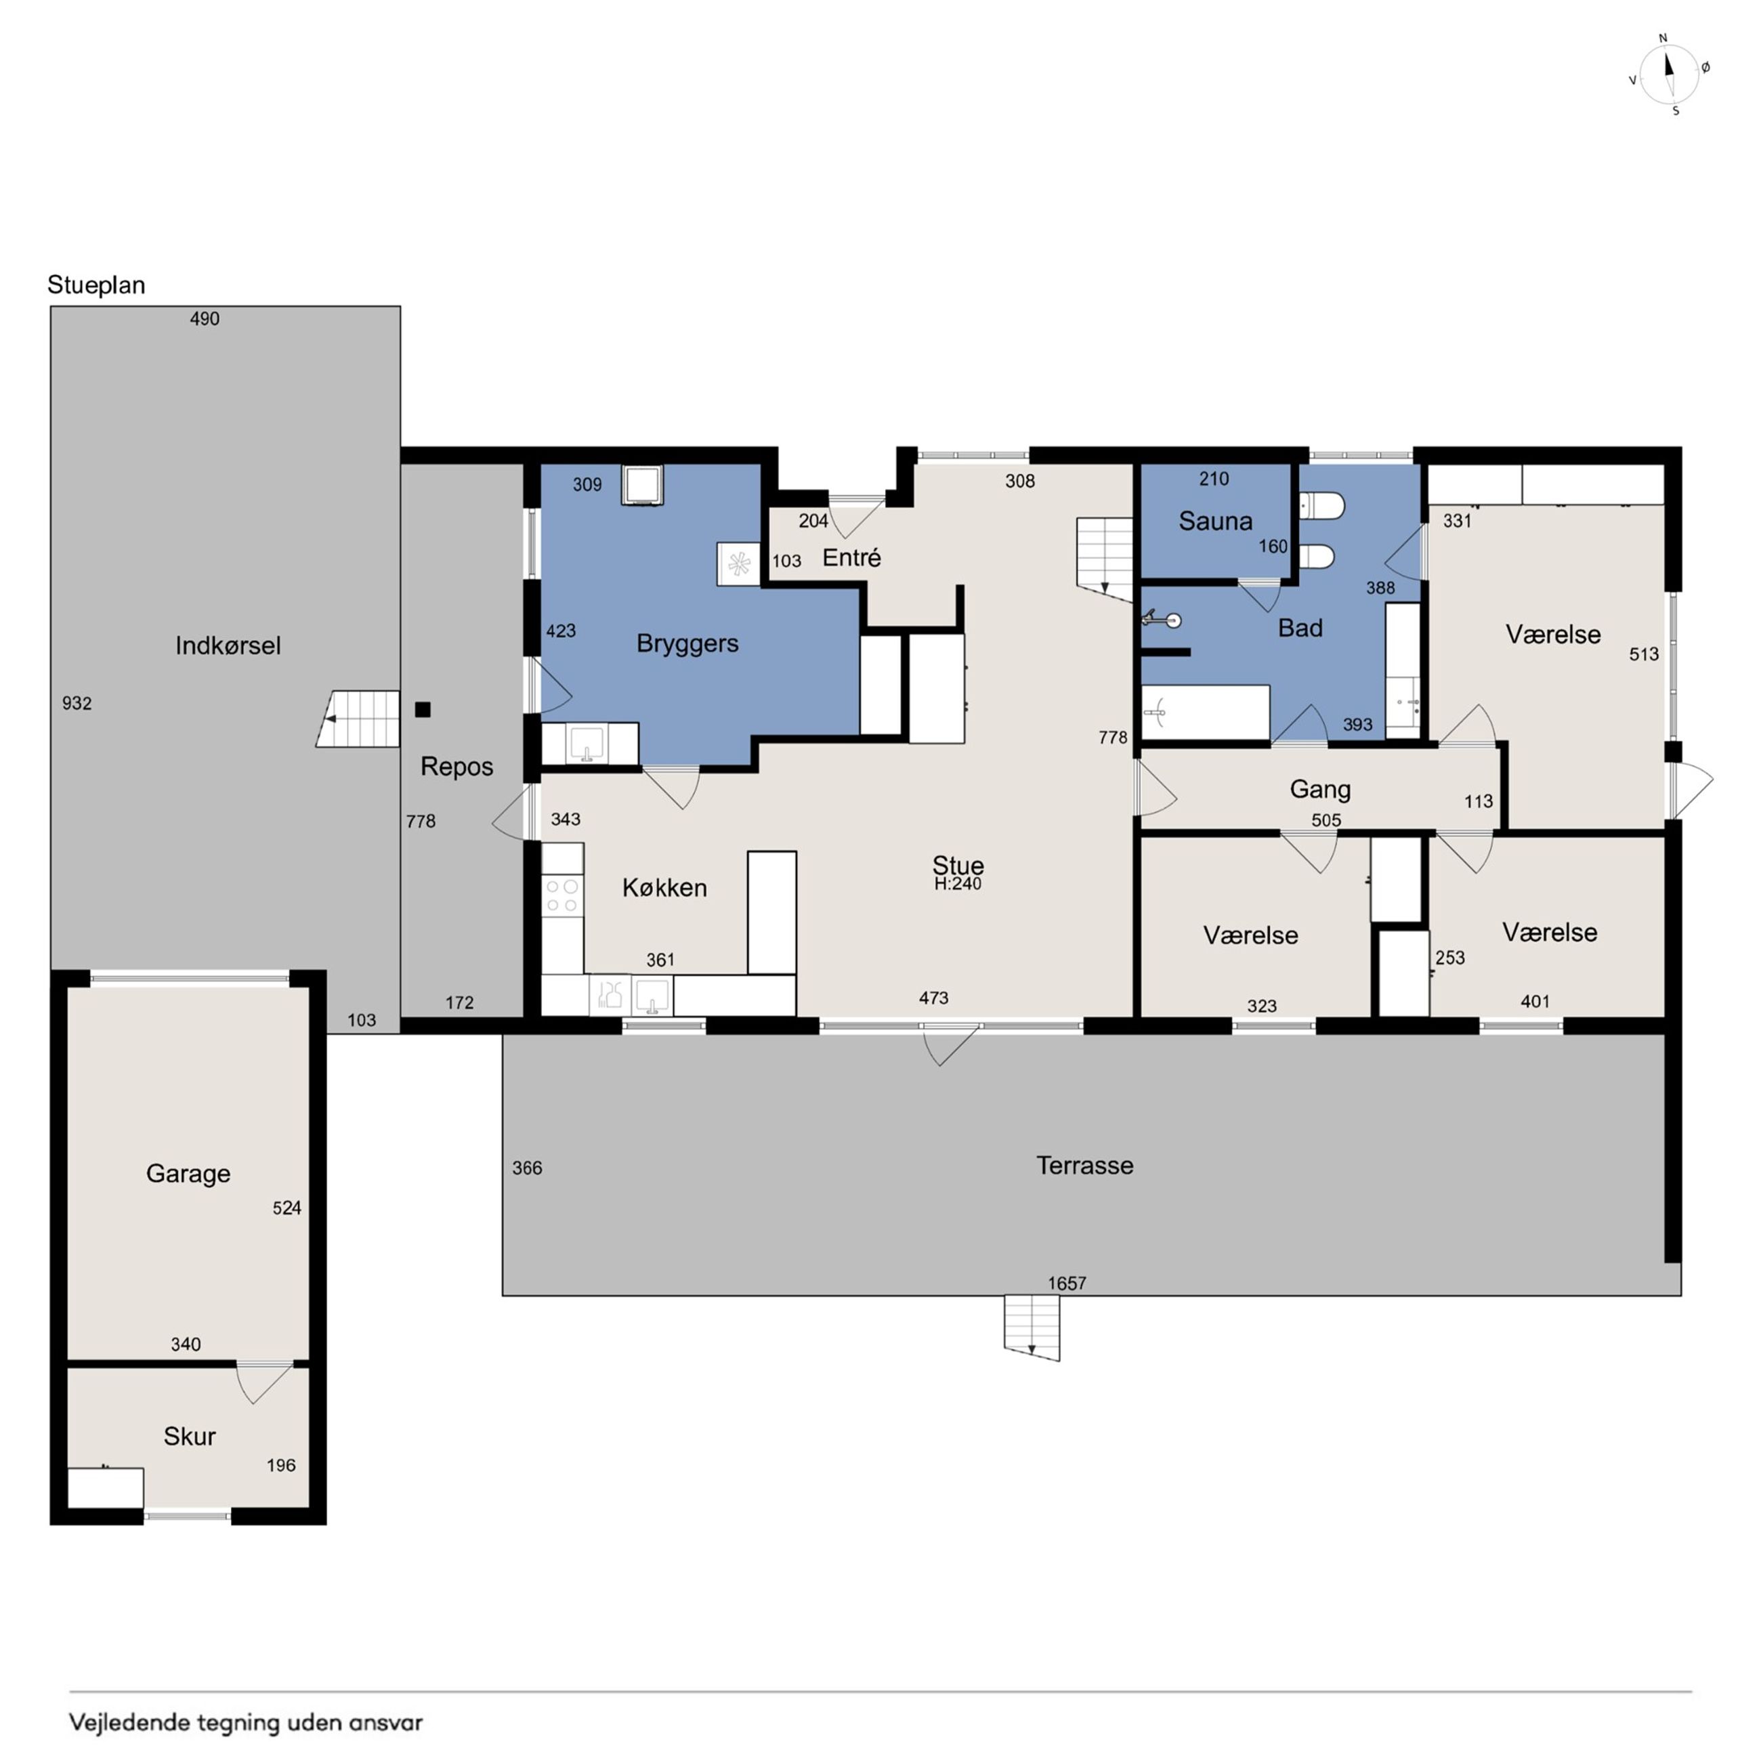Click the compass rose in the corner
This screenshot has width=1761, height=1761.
[x=1669, y=75]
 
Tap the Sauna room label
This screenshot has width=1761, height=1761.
[x=1215, y=522]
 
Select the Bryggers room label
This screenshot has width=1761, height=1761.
[x=687, y=644]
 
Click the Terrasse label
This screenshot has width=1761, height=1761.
[x=1084, y=1166]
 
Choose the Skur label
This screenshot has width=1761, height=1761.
[x=190, y=1437]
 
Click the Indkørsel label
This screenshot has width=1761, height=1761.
[x=228, y=646]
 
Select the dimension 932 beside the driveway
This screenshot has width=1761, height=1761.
[x=77, y=704]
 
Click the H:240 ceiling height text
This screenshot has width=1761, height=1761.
[x=958, y=884]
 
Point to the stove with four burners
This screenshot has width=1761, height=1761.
[x=562, y=895]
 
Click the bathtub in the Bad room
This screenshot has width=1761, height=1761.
[x=1206, y=713]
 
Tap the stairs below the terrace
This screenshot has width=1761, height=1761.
[x=1032, y=1328]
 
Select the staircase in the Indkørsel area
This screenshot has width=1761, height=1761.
[x=358, y=719]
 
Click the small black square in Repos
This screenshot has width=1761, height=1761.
[x=423, y=709]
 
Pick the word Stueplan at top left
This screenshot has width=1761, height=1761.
[x=97, y=285]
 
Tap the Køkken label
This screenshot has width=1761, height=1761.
[x=664, y=888]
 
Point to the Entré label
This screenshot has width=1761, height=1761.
[x=851, y=558]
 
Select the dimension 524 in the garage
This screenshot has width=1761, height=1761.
[x=287, y=1208]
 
